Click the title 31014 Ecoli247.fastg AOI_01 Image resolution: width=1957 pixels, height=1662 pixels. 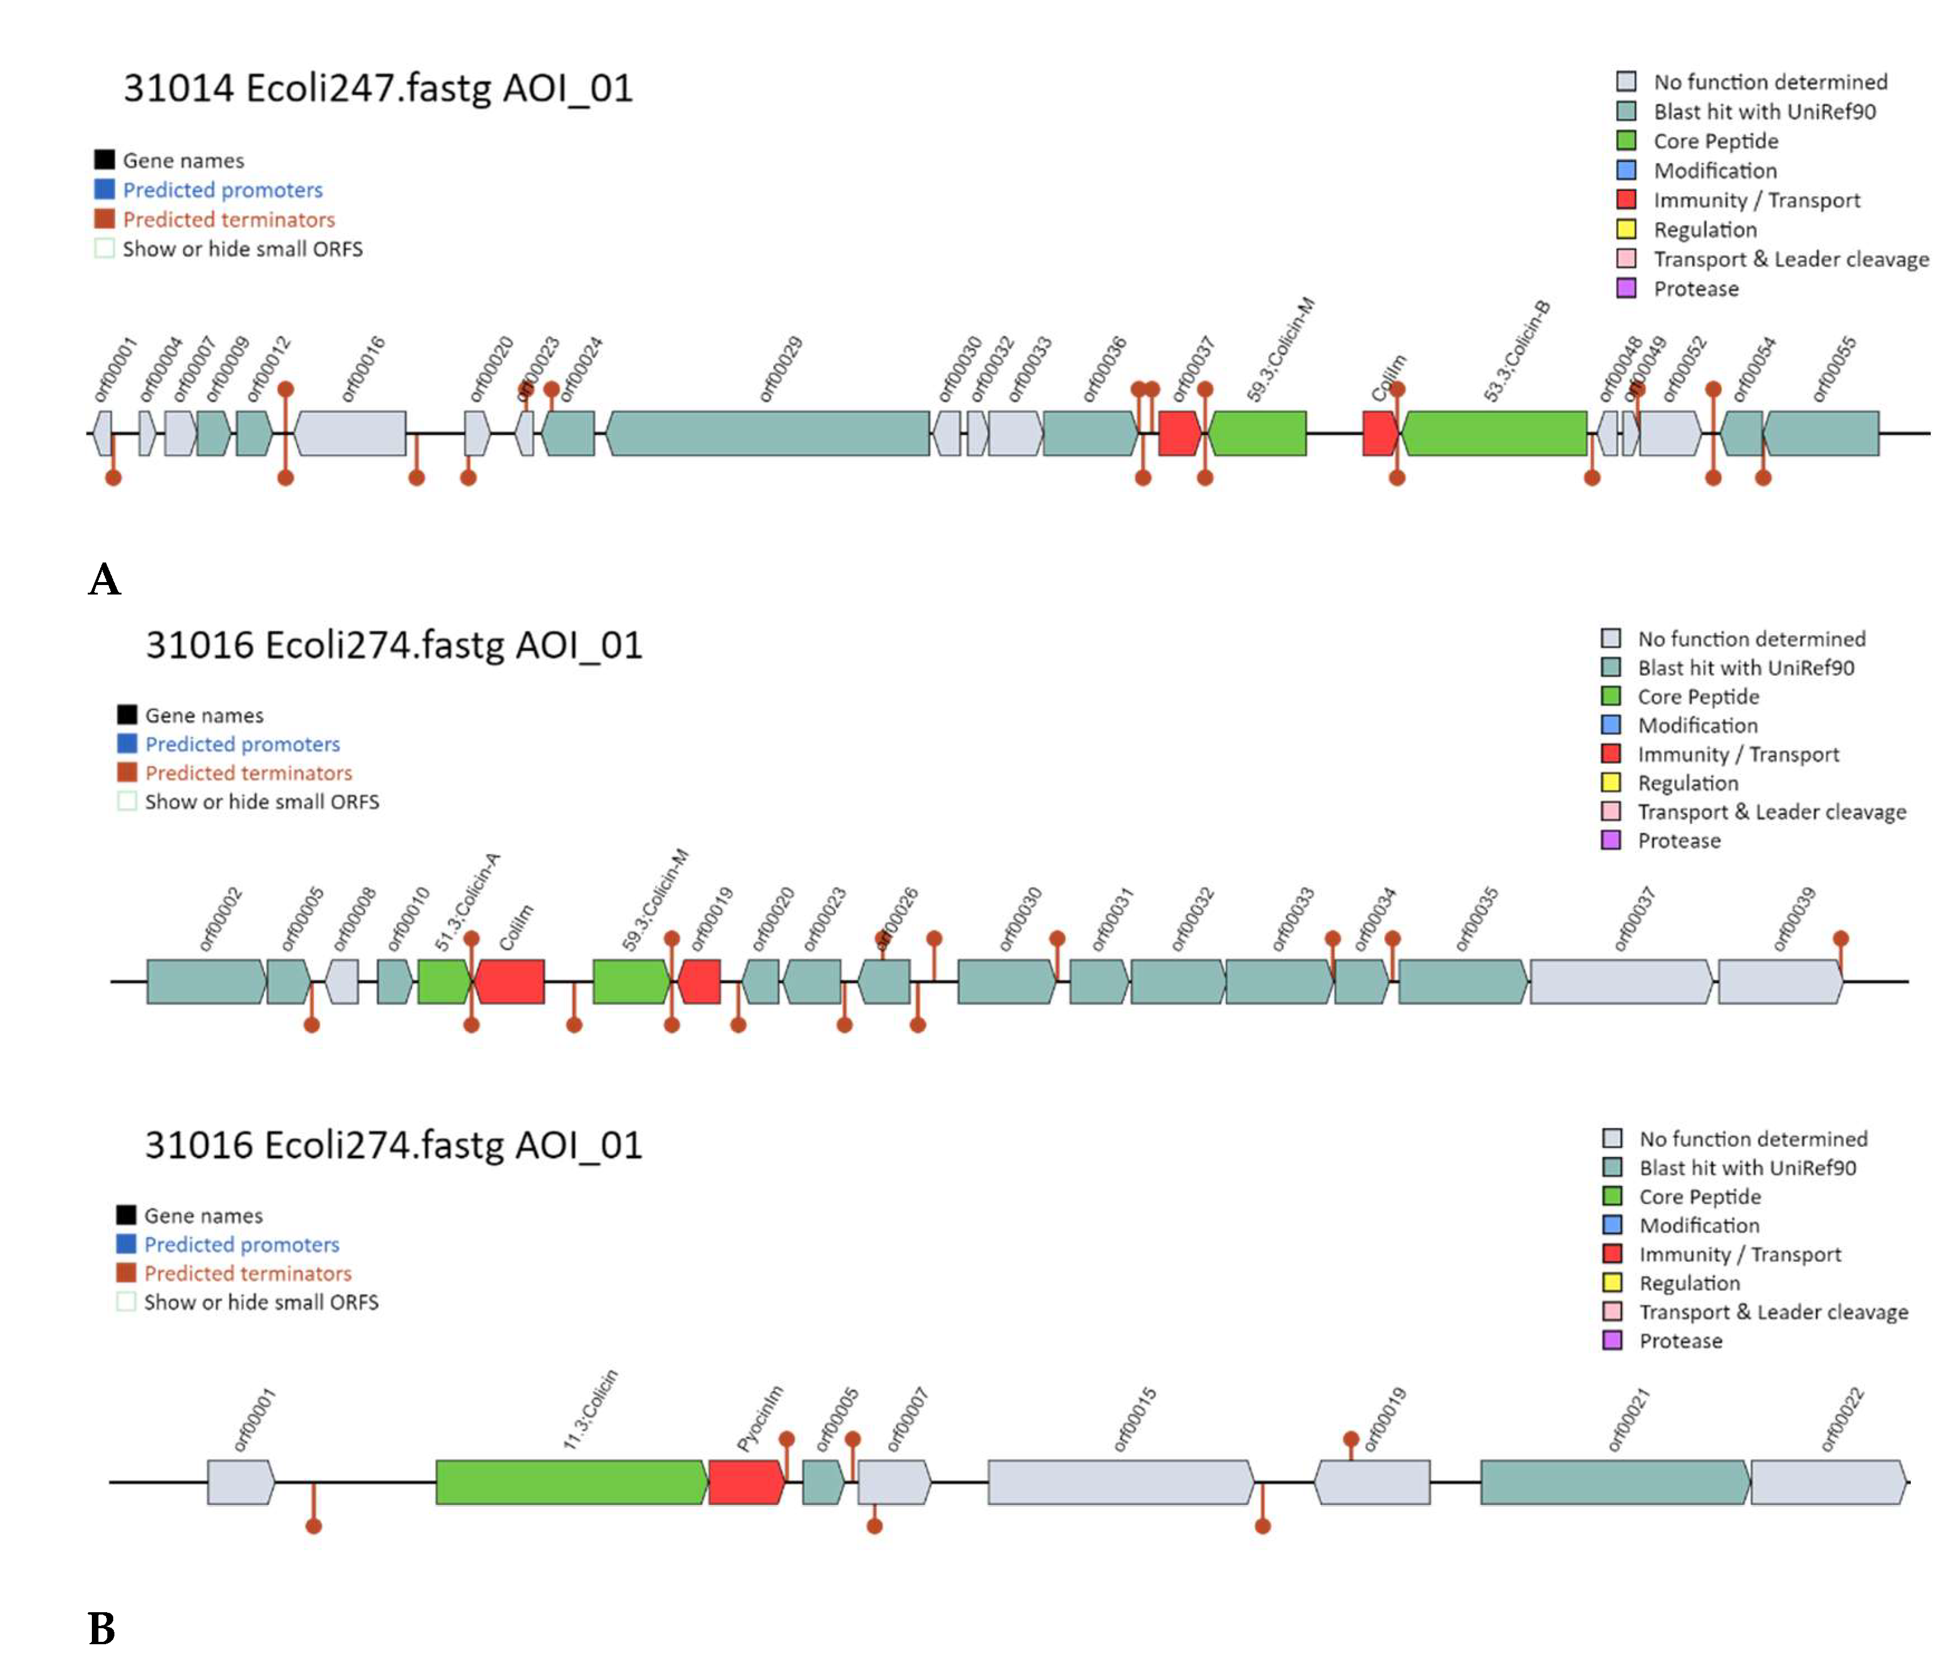378,88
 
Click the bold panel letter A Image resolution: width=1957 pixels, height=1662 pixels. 104,580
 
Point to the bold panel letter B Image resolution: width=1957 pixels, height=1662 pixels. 102,1628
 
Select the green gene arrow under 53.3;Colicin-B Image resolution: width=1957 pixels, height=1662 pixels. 1493,433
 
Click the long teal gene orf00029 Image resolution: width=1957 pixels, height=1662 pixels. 767,433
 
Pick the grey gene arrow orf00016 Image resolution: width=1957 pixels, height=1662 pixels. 350,433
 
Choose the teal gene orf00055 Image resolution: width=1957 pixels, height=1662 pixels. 1821,433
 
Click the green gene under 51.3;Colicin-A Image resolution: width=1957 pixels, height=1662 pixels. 443,982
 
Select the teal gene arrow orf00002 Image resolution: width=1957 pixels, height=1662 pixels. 205,982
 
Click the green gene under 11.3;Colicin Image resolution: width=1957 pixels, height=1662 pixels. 570,1482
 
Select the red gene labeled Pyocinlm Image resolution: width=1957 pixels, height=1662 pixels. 745,1482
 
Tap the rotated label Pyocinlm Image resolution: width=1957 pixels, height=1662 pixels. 759,1418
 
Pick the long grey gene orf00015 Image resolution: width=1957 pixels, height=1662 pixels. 1119,1482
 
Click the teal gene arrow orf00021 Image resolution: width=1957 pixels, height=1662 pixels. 1614,1482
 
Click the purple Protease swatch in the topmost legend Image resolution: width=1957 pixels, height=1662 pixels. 1626,288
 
